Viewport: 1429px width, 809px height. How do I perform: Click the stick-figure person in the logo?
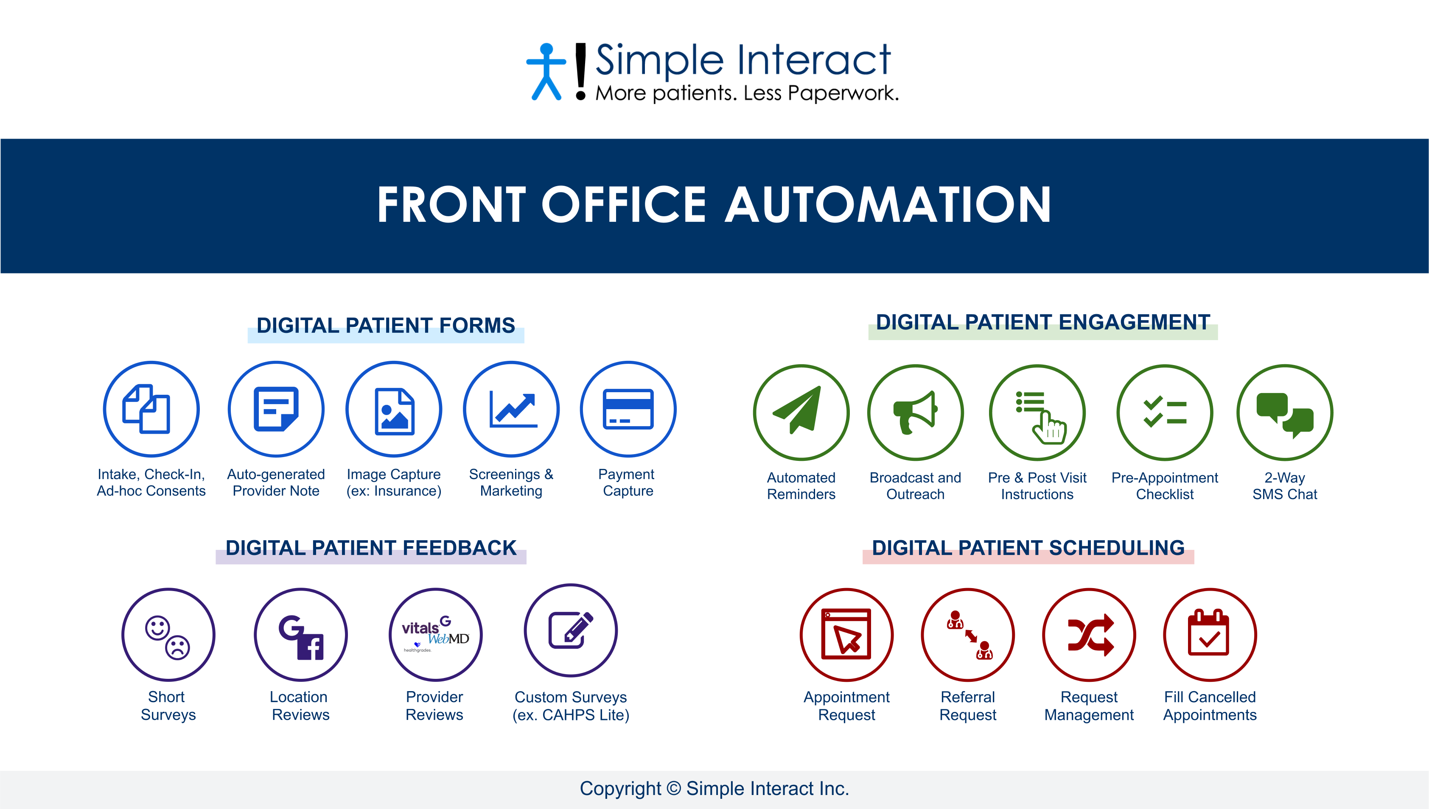coord(546,72)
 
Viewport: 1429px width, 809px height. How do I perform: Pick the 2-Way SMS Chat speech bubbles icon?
coord(1284,414)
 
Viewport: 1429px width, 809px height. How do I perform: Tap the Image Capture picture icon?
coord(394,411)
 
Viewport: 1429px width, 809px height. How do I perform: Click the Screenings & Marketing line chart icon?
coord(513,410)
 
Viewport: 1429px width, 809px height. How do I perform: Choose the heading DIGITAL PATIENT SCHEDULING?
coord(1028,548)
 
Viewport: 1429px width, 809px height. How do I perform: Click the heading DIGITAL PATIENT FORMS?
coord(385,326)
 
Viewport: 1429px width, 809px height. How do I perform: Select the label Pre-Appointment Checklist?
coord(1164,485)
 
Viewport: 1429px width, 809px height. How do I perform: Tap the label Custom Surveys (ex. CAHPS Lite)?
coord(570,706)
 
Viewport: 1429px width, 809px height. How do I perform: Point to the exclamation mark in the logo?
coord(580,72)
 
